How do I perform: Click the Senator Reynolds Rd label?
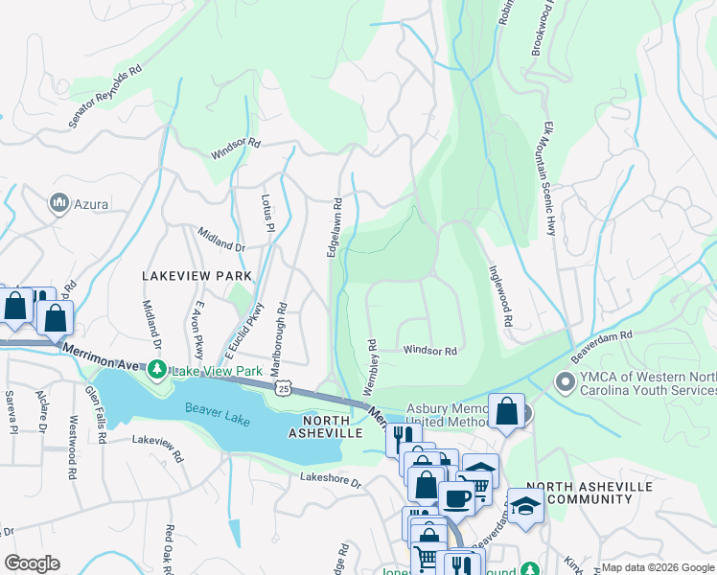[x=105, y=97]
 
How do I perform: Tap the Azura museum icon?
[x=59, y=203]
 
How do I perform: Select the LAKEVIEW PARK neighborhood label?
[x=197, y=276]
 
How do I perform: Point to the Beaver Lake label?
[x=218, y=407]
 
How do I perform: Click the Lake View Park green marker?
[x=155, y=369]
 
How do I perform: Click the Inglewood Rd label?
[x=501, y=297]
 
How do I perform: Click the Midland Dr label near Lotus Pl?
[x=221, y=239]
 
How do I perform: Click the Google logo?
[x=33, y=563]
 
